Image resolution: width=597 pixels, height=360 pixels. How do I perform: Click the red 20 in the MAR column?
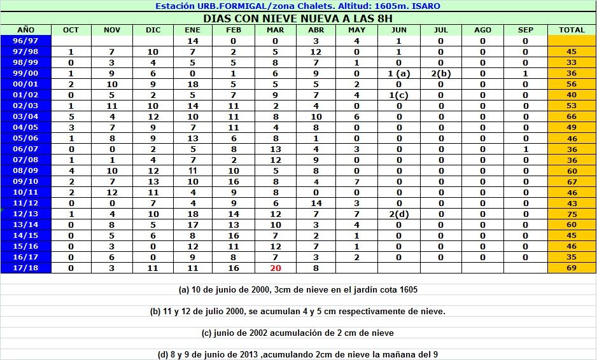coord(275,268)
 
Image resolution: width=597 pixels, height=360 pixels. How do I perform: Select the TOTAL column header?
coord(572,30)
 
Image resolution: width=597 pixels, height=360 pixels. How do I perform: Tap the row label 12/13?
coord(25,214)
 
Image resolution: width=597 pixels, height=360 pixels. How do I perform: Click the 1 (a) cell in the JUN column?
coord(398,73)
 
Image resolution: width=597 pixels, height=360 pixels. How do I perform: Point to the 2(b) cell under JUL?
coord(440,73)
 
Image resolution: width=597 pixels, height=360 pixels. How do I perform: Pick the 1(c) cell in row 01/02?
coord(398,95)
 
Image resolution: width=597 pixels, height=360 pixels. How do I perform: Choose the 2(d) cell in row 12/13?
coord(398,214)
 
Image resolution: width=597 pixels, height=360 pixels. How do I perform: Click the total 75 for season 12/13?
coord(572,214)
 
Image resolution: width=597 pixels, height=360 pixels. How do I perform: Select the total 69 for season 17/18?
coord(572,268)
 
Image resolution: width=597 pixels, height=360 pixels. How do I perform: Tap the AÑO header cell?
coord(25,30)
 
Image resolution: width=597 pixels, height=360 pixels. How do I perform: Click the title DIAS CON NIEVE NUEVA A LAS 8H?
coord(298,18)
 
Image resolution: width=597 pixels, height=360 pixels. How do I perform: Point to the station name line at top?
coord(298,6)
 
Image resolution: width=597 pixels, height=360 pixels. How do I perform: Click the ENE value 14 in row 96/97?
coord(192,41)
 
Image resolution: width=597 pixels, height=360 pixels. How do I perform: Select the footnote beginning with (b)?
coord(298,311)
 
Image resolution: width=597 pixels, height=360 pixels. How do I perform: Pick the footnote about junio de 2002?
coord(298,333)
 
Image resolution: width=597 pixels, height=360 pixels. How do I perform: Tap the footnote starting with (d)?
coord(298,354)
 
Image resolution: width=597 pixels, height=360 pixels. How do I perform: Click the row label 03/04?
coord(25,116)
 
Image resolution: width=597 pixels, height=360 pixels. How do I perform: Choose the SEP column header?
coord(525,30)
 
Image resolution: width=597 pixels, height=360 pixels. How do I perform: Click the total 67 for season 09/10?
coord(572,181)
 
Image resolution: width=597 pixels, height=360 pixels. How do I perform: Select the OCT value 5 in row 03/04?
coord(71,116)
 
